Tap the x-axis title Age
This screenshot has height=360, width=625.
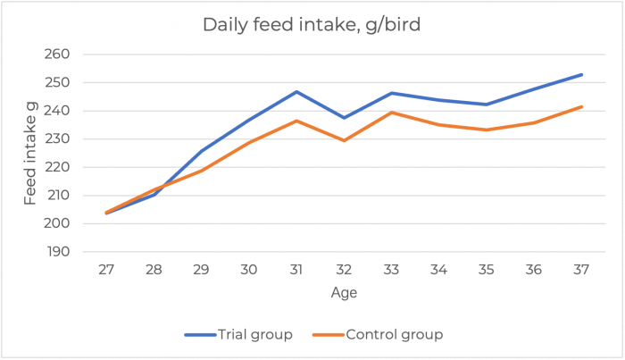[x=344, y=291]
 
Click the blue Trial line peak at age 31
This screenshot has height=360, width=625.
[x=296, y=91]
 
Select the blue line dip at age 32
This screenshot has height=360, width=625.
[x=344, y=118]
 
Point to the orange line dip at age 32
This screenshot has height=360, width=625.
[x=344, y=140]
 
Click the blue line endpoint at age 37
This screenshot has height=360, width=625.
[x=582, y=74]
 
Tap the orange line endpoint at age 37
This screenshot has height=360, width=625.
[x=582, y=106]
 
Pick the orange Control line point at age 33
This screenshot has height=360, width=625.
[x=392, y=113]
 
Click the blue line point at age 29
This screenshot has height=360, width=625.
[x=202, y=151]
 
